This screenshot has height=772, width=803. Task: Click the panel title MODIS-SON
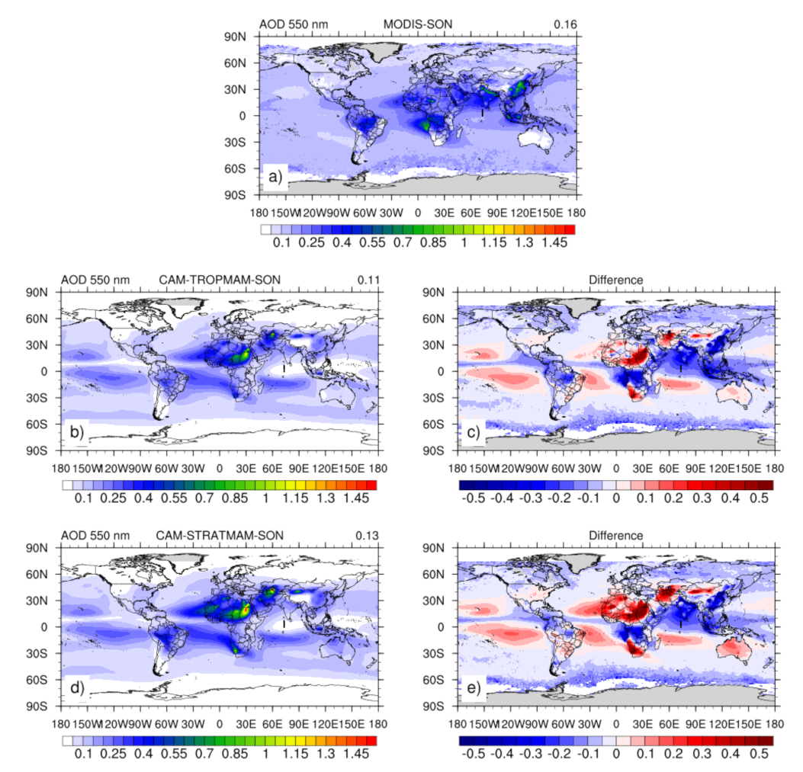point(417,24)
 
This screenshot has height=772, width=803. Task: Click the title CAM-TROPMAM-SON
point(229,280)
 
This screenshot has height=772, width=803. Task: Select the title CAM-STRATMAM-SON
point(230,535)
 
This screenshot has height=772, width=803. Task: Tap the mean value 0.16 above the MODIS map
point(565,24)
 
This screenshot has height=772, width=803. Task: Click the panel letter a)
point(275,179)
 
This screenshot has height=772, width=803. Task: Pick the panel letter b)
point(77,434)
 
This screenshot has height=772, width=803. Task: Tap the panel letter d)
point(77,690)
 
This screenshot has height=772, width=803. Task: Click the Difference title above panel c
point(615,280)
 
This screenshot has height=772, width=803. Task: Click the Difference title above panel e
point(615,535)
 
